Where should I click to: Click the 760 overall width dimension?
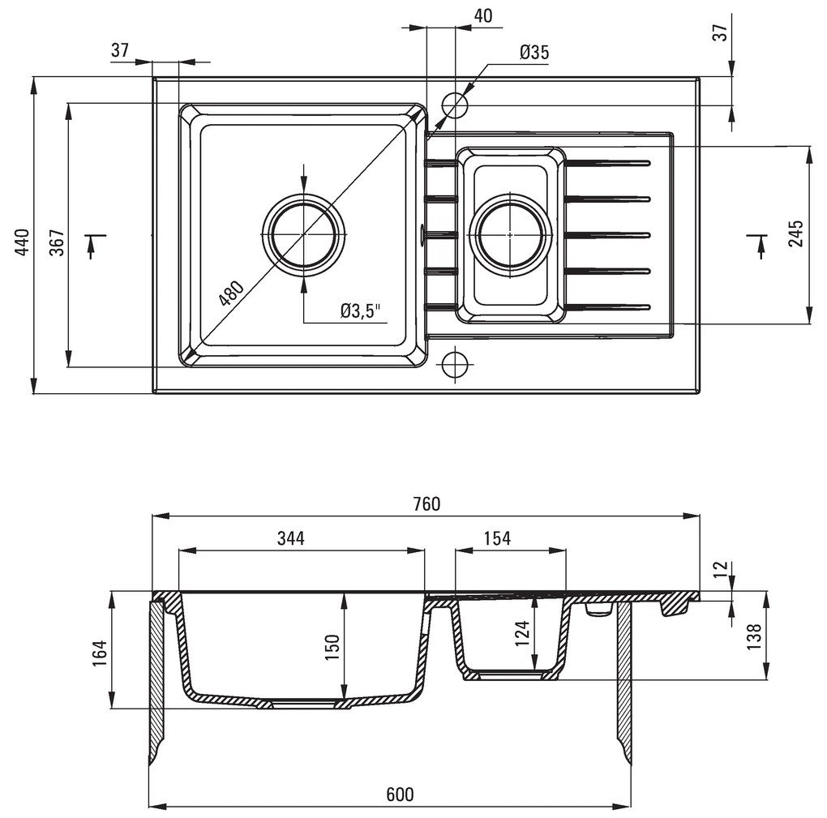point(426,503)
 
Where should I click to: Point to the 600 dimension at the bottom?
point(399,794)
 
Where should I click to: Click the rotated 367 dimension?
point(57,242)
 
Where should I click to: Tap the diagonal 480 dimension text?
point(231,293)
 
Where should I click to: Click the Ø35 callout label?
point(534,53)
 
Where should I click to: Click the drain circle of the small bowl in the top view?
point(509,235)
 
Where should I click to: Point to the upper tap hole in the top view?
point(455,105)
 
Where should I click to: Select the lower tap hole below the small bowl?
point(455,362)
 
